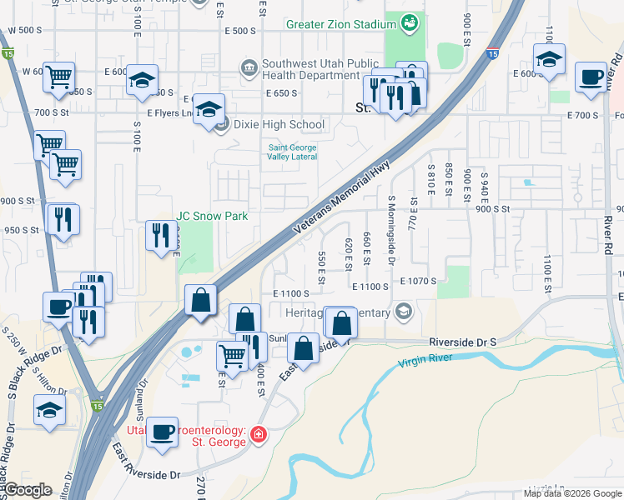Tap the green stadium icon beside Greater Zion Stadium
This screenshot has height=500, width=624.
coord(408,24)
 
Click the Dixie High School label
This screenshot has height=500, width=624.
coord(279,125)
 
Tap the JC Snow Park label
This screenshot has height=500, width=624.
coord(212,216)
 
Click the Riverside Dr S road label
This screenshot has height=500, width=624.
coord(462,342)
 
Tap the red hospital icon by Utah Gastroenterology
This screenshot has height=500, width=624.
coord(259,435)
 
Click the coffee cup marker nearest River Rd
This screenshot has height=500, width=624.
coord(591,77)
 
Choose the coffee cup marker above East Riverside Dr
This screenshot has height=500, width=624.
coord(162,431)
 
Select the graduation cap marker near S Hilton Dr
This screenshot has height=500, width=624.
coord(49,409)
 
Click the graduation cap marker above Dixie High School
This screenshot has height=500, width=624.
coord(209,107)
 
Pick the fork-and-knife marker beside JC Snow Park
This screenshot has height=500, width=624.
coord(162,234)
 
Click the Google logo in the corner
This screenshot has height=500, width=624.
coord(28,490)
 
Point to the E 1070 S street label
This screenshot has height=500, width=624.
coord(418,282)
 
